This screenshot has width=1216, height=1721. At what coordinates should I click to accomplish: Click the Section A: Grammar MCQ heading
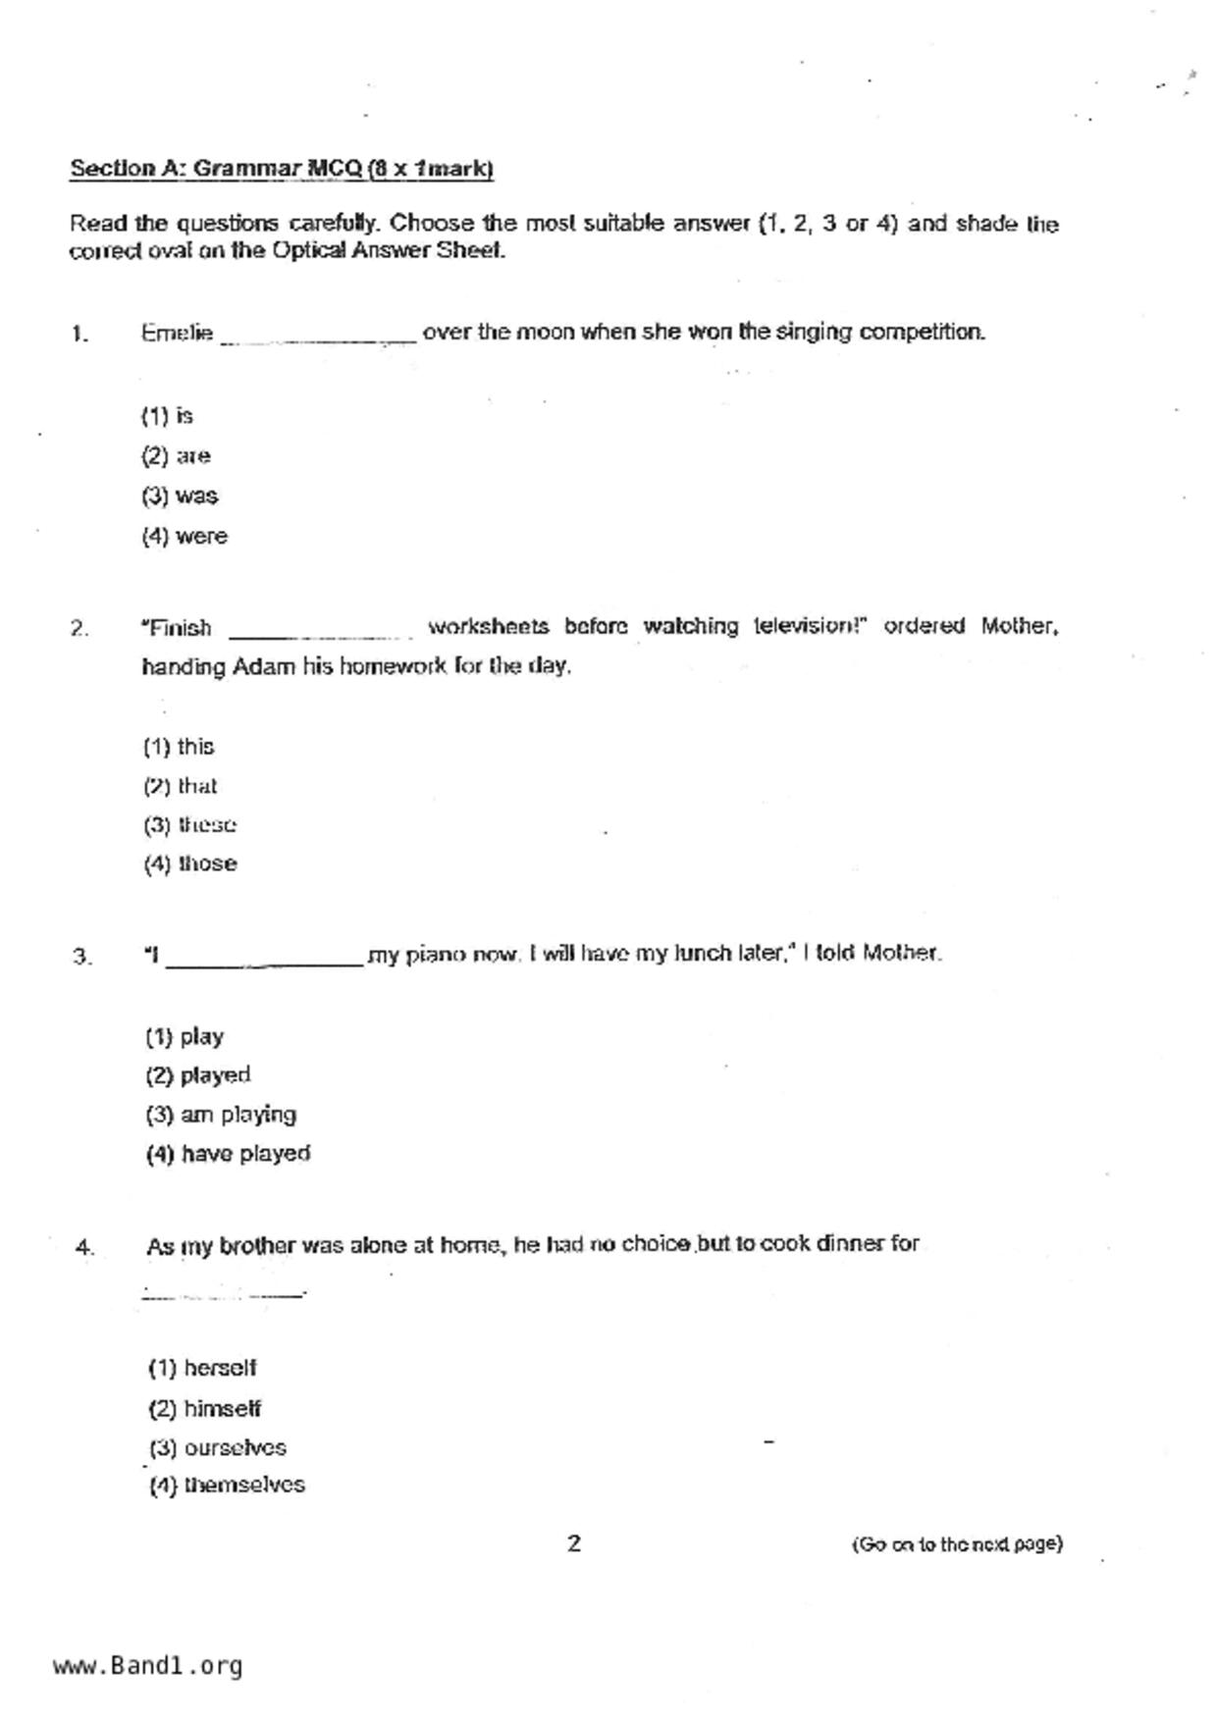(282, 169)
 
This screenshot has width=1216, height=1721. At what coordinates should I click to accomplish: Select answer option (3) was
(181, 496)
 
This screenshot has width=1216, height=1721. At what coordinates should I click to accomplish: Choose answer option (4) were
(185, 537)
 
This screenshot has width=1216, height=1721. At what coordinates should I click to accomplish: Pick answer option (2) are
(177, 456)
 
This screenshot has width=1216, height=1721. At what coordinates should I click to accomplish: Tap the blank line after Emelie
(318, 337)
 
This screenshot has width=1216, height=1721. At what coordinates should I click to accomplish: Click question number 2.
(79, 629)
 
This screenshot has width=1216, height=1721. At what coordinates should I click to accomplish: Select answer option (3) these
(190, 825)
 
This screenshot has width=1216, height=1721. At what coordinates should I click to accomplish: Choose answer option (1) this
(180, 747)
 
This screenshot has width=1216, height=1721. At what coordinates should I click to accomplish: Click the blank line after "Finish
(320, 632)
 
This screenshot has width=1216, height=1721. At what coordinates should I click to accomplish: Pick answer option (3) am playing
(221, 1115)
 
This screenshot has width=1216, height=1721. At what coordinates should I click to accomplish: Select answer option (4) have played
(229, 1154)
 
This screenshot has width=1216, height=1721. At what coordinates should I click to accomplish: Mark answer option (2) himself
(205, 1409)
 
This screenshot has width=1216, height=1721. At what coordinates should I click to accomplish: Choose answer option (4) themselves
(228, 1486)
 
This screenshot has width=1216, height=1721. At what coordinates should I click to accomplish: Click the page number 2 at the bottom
(574, 1543)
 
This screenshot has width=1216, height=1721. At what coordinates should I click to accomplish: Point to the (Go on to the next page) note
(956, 1544)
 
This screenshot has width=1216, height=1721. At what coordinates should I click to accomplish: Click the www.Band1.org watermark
(148, 1666)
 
